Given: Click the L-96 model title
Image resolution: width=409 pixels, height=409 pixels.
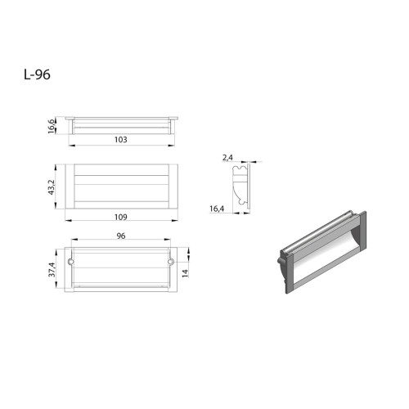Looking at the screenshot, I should pyautogui.click(x=38, y=74).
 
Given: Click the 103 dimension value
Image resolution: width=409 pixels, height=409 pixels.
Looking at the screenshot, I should pyautogui.click(x=121, y=140).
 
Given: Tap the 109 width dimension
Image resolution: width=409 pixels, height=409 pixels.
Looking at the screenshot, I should pyautogui.click(x=121, y=218).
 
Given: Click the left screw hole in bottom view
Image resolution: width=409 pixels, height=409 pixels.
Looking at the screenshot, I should pyautogui.click(x=71, y=263).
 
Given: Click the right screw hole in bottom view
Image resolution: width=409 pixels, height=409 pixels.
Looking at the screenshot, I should pyautogui.click(x=172, y=263).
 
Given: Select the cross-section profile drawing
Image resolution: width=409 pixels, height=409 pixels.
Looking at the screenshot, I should pyautogui.click(x=240, y=187).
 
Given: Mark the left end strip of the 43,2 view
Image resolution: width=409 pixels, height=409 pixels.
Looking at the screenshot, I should pyautogui.click(x=70, y=187).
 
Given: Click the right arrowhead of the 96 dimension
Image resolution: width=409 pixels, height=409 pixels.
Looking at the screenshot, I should pyautogui.click(x=170, y=243).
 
